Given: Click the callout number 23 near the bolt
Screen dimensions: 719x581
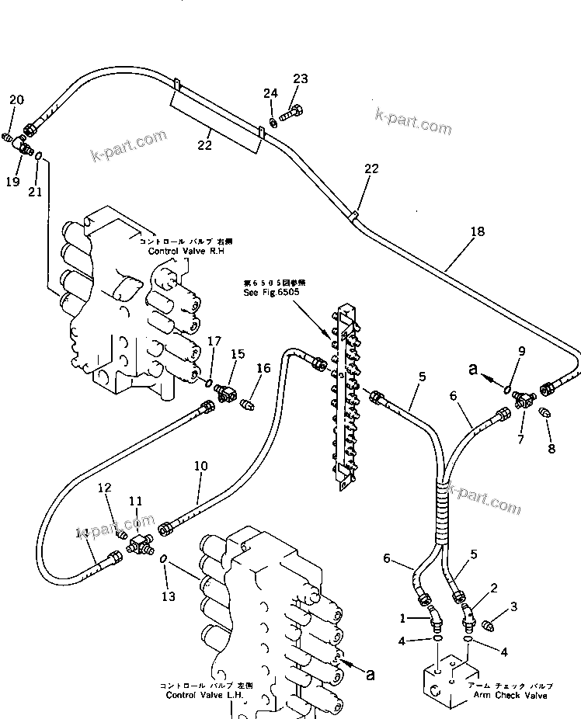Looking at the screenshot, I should [x=300, y=78].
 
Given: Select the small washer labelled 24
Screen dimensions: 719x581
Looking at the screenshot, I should [x=273, y=122].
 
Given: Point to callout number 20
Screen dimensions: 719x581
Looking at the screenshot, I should [x=16, y=99].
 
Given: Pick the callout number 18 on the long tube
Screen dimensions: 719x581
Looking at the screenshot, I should [x=476, y=231].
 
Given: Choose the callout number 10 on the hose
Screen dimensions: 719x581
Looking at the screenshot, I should [x=200, y=466].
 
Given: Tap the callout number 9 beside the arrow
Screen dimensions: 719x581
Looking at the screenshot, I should [x=522, y=351].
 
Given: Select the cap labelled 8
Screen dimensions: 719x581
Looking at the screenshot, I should [x=544, y=413].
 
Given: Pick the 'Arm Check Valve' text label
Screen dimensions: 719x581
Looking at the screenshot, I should [x=513, y=695].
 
